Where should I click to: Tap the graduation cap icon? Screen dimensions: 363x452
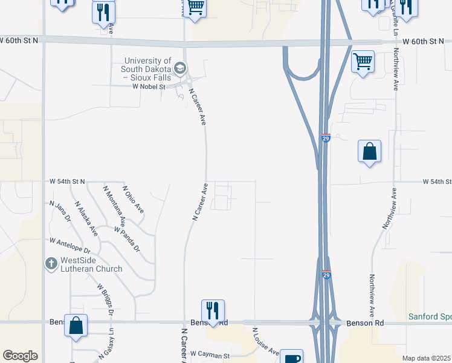coord(179,68)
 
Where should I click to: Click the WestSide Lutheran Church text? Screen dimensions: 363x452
coord(92,264)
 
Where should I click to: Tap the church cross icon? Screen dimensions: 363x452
coord(52,264)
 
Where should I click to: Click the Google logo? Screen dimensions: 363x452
coord(20,356)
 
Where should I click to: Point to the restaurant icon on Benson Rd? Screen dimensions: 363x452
coord(213,310)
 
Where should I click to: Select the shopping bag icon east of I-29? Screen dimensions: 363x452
coord(369,151)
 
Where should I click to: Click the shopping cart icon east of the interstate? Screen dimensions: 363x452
coord(363,61)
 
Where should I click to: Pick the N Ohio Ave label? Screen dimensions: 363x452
coord(133,199)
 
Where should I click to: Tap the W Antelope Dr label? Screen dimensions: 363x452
coord(70,246)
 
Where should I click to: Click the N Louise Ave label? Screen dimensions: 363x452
coord(265,341)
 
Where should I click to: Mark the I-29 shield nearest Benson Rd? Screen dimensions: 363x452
coord(326,275)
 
